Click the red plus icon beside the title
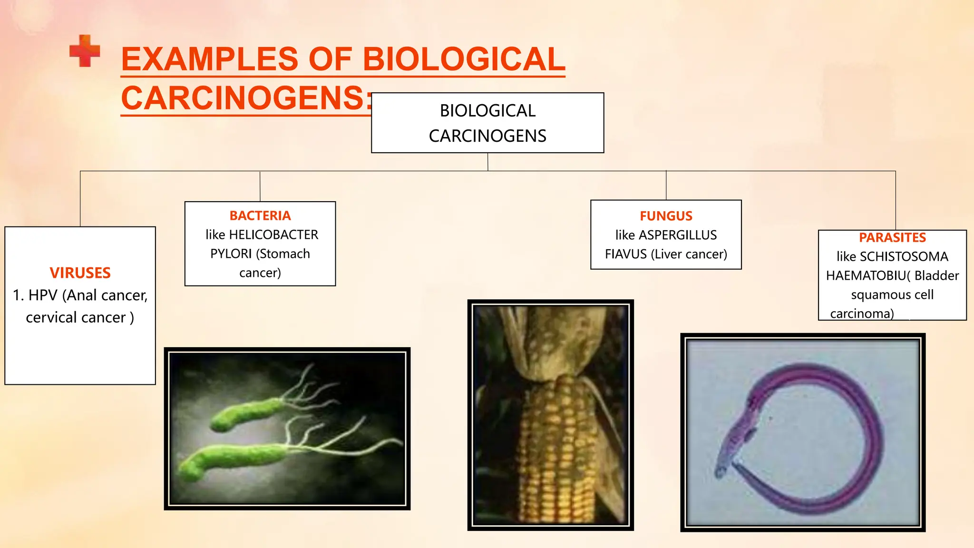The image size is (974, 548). tap(85, 51)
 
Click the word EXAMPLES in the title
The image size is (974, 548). tap(209, 59)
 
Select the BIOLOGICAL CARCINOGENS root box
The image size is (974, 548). tap(487, 123)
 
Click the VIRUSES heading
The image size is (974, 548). tap(80, 273)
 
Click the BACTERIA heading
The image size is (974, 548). tap(260, 215)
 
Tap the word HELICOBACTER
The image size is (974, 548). tap(273, 235)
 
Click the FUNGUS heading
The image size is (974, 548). tap(666, 216)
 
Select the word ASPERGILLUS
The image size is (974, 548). tap(678, 235)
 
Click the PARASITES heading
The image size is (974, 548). tap(892, 237)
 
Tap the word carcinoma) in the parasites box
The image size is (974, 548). tap(862, 314)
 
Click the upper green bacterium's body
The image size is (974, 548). tap(247, 413)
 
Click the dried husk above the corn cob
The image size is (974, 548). tap(547, 342)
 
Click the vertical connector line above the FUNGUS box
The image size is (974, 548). tap(666, 186)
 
